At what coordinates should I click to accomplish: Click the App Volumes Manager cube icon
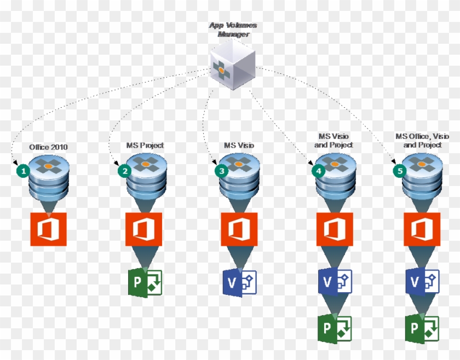tap(233, 66)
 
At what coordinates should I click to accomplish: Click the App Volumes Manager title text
tap(233, 30)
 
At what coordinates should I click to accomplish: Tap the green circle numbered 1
tap(22, 170)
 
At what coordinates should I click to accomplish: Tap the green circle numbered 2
tap(125, 170)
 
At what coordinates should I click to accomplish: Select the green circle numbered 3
tap(221, 170)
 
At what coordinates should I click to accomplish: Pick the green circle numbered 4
tap(318, 170)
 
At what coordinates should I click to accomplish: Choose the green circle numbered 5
tap(400, 170)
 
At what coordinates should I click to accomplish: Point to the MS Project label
tap(145, 145)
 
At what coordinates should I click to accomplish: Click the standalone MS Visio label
tap(239, 145)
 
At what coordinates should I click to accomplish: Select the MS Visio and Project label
tap(334, 140)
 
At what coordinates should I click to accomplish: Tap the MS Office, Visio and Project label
tap(422, 140)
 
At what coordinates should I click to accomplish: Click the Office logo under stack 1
tap(48, 229)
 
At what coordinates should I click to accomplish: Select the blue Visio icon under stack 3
tap(239, 282)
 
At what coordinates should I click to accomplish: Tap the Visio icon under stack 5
tap(422, 282)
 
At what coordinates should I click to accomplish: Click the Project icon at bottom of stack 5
tap(422, 329)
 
